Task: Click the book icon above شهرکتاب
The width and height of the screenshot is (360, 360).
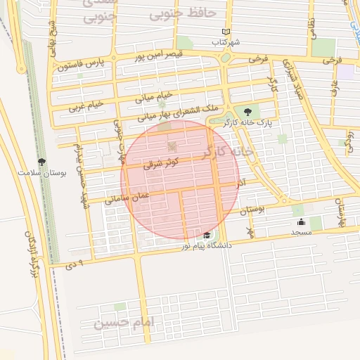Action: pyautogui.click(x=226, y=32)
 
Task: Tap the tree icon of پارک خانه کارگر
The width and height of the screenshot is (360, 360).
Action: pyautogui.click(x=247, y=111)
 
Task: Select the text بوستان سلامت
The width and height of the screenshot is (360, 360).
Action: pyautogui.click(x=42, y=172)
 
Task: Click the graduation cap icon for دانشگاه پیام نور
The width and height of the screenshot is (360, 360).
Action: pyautogui.click(x=207, y=236)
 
